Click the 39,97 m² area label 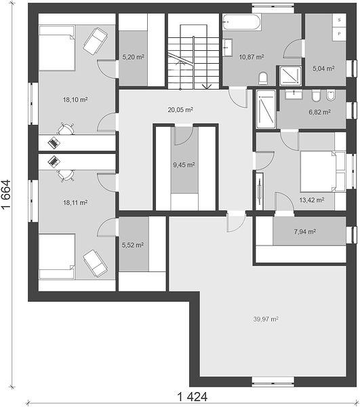[266, 319]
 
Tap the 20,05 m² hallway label [180, 110]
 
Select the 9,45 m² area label [184, 165]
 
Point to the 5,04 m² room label [323, 69]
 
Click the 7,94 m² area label [305, 231]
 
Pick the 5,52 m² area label [133, 245]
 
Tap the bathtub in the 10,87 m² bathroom [242, 22]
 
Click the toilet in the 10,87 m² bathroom [263, 79]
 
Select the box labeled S [339, 20]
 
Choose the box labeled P [339, 34]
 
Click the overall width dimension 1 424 [192, 397]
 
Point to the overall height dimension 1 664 [6, 195]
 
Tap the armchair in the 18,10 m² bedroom [95, 41]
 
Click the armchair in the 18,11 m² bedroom [95, 263]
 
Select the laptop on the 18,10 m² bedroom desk [54, 142]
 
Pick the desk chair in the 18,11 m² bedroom [66, 175]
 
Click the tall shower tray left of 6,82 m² [266, 109]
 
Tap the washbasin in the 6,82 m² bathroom [294, 94]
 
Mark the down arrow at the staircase [207, 86]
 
